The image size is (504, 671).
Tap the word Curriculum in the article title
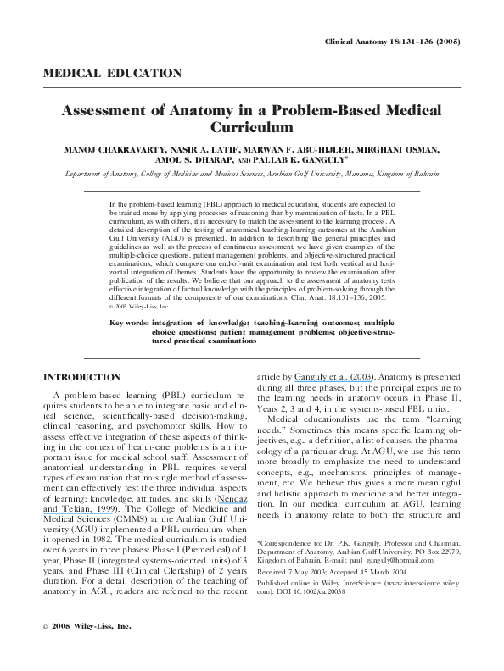coord(251,128)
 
